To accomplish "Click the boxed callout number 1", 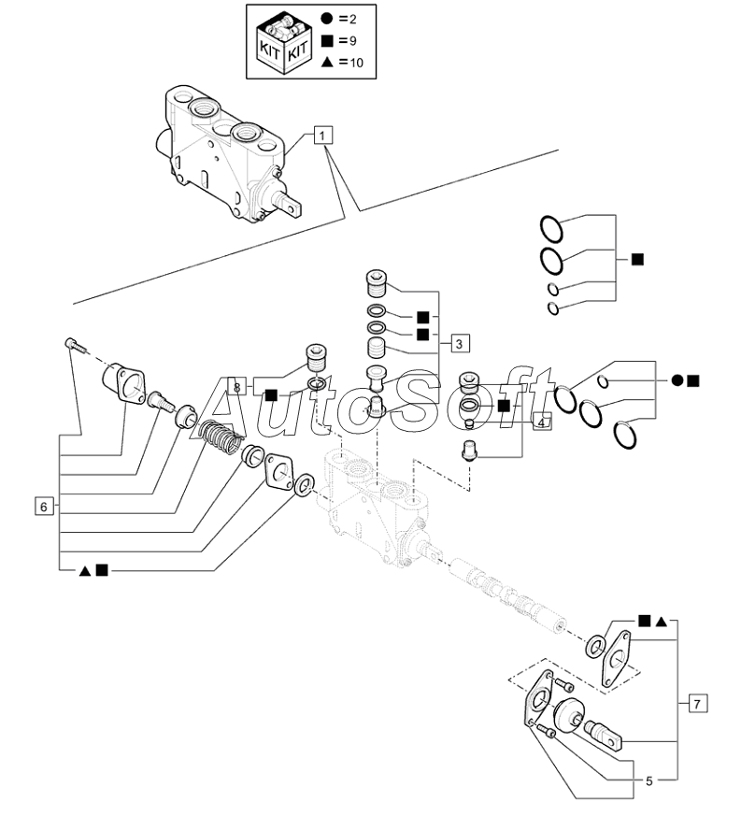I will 321,136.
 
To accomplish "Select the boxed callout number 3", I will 460,343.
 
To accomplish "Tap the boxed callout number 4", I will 543,422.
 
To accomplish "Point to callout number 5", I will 648,780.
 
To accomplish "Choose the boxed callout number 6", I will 42,507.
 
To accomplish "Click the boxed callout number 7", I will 698,701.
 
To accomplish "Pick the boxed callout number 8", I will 237,386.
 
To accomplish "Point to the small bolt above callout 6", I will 73,345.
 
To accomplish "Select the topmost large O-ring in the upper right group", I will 551,227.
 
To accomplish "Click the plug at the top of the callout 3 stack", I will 377,279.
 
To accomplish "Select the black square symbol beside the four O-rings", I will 637,259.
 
